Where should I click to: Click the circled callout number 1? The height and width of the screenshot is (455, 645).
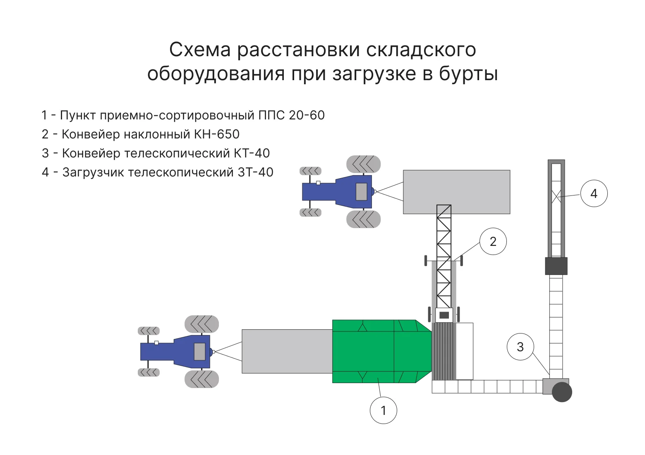click(383, 410)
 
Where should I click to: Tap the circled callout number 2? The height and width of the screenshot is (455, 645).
click(493, 242)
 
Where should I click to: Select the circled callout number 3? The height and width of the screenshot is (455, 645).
click(520, 347)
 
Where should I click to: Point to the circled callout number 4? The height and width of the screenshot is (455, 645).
click(594, 193)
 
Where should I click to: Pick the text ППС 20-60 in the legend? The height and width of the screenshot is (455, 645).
click(291, 115)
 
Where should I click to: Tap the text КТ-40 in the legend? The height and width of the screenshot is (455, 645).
click(252, 153)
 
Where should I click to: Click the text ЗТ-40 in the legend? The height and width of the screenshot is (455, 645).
click(255, 172)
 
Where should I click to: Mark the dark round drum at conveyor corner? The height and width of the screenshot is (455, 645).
click(561, 392)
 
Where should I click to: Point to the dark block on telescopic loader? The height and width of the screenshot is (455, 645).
click(556, 266)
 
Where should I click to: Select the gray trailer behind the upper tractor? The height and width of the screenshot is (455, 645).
click(456, 192)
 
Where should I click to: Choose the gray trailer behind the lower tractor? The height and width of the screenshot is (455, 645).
click(287, 351)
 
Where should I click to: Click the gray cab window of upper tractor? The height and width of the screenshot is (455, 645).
click(361, 192)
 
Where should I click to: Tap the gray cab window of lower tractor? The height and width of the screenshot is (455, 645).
click(199, 352)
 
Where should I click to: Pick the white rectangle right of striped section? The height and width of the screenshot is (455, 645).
click(464, 351)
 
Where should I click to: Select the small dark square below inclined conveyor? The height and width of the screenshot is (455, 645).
click(444, 315)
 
